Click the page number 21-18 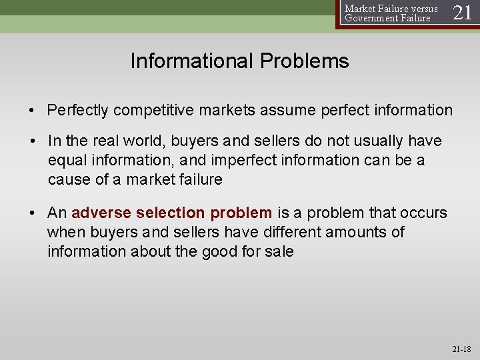(461, 349)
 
